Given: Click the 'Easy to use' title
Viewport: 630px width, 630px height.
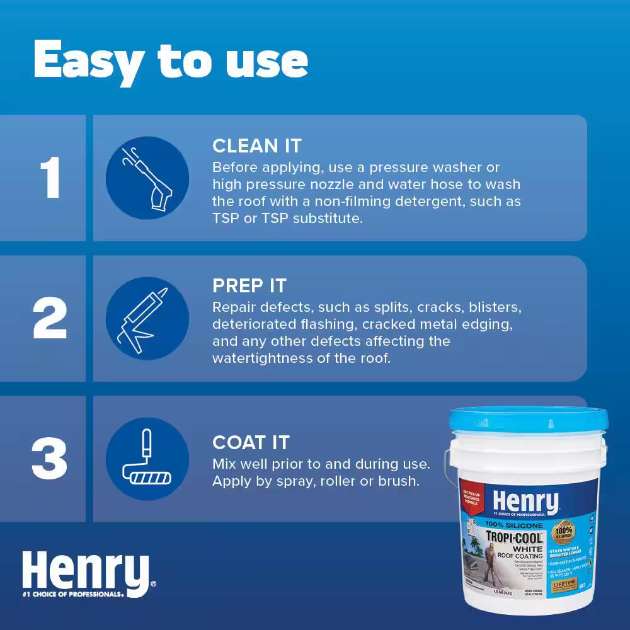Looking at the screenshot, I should point(170,62).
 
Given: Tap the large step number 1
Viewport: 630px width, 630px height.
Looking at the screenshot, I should point(50,178).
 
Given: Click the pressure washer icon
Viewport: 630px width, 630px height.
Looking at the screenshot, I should point(147,178).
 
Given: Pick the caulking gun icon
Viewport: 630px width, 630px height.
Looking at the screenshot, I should point(147,319).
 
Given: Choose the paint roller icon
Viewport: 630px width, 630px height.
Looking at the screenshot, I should point(147,459).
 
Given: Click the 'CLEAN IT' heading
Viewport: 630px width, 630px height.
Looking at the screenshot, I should point(257,146).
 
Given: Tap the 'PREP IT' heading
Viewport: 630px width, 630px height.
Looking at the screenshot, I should point(249,286).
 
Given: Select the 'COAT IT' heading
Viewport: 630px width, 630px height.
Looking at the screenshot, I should point(251,442).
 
